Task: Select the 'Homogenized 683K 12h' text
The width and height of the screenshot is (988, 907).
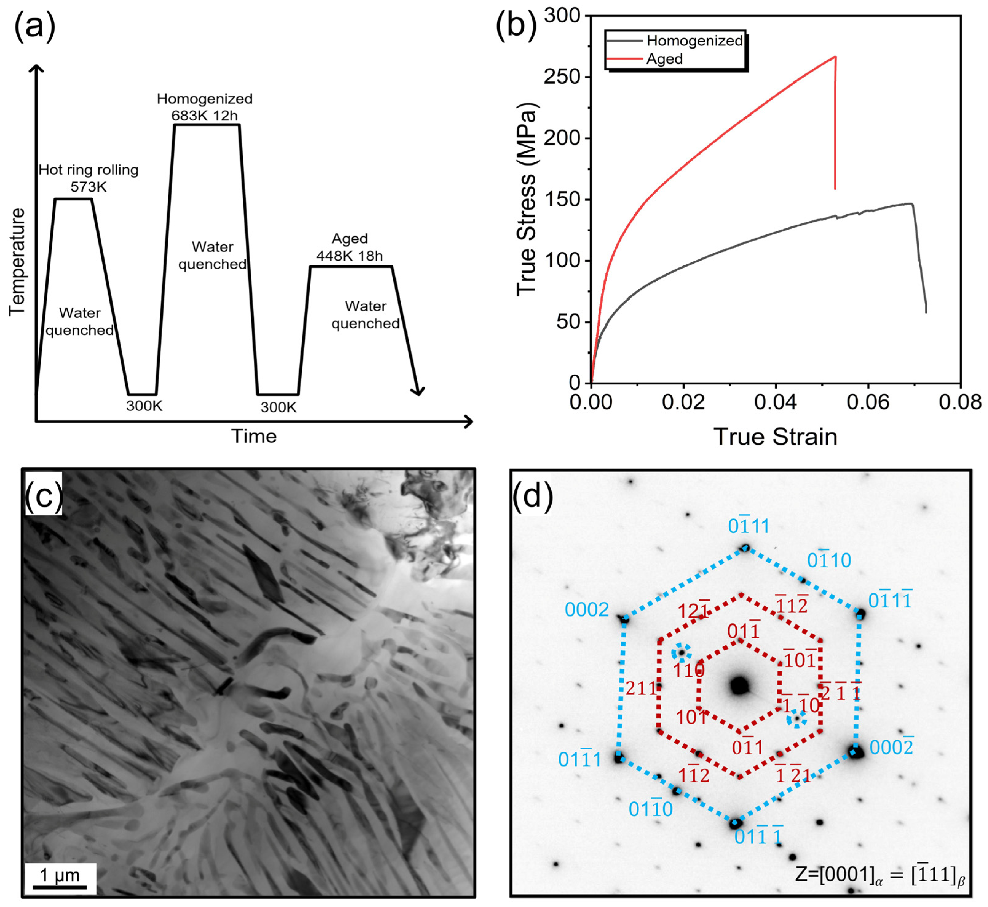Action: coord(204,107)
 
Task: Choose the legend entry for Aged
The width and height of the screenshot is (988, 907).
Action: coord(664,59)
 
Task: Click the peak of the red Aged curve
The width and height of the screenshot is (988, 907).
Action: coord(835,57)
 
